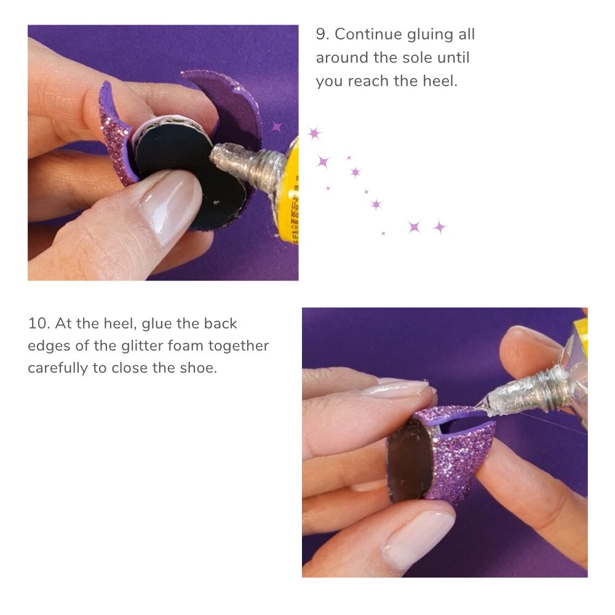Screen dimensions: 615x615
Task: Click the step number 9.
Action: [x=322, y=34]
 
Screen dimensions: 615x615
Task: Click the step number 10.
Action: [x=39, y=323]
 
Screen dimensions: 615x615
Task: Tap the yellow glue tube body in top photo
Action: [x=290, y=192]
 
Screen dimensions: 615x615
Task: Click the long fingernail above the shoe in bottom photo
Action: [x=396, y=388]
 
